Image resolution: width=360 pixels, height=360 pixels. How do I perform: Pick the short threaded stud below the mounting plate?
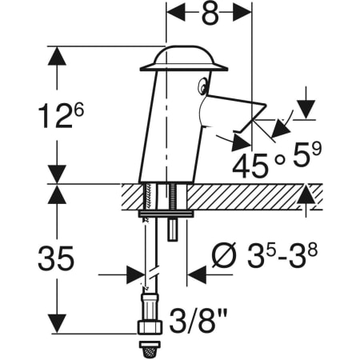[x=172, y=229]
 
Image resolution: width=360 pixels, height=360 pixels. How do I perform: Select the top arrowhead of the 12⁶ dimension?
[x=57, y=53]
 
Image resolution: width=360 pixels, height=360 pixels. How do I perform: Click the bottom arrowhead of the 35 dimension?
[x=57, y=328]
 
